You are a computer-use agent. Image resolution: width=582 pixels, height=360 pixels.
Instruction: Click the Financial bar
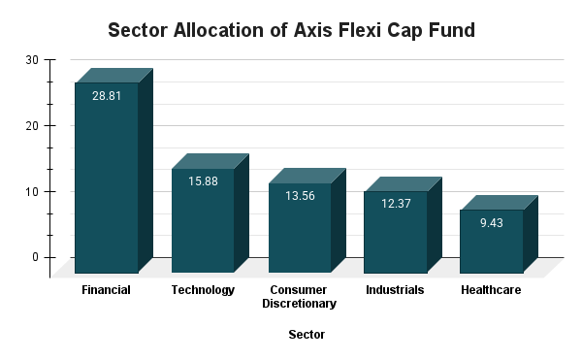[x=107, y=180]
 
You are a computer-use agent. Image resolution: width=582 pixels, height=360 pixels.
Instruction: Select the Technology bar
[x=203, y=223]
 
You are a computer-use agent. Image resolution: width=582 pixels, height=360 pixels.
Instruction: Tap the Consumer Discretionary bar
[x=299, y=231]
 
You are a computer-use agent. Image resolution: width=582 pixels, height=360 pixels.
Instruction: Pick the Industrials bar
[x=395, y=235]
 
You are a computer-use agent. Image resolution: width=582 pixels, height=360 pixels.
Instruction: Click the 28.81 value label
[x=107, y=97]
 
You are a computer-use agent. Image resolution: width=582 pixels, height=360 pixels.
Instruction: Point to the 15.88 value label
[x=203, y=182]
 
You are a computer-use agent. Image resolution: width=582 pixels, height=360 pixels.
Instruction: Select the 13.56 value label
[x=299, y=197]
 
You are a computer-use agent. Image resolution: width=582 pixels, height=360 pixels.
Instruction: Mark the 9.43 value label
[x=491, y=223]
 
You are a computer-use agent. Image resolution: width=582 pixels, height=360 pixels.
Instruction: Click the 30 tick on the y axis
[x=32, y=60]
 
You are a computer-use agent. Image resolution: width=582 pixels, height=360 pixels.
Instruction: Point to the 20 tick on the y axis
[x=32, y=126]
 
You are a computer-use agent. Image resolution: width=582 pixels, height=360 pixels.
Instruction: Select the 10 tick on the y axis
[x=32, y=192]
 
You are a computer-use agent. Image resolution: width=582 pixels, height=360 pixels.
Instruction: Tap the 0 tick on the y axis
[x=36, y=257]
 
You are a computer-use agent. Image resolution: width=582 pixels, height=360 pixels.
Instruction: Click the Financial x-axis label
[x=107, y=290]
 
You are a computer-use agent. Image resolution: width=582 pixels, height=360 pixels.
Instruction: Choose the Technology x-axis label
[x=203, y=290]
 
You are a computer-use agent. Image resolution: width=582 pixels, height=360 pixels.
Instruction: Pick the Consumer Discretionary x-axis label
[x=299, y=297]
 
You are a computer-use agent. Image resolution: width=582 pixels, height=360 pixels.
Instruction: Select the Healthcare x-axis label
[x=491, y=290]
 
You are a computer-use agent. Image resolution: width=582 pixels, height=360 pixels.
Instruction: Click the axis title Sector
[x=307, y=335]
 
